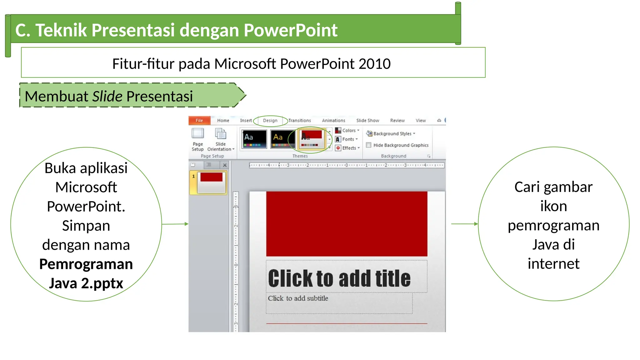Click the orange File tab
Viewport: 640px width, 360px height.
199,120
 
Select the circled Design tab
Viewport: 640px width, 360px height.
270,120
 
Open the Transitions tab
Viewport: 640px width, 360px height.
299,120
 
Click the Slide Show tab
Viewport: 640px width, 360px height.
367,120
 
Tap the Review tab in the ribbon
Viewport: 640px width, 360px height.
397,120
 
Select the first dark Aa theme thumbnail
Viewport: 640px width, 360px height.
254,139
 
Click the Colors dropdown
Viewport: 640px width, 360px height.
347,130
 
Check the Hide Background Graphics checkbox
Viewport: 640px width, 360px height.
369,145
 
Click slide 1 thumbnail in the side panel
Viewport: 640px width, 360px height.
211,182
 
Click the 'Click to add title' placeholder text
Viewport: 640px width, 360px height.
339,278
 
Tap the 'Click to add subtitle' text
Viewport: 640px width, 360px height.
298,298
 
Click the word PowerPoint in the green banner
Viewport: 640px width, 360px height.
290,30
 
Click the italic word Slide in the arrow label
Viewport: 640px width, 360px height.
107,96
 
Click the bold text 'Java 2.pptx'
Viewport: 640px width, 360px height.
86,283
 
